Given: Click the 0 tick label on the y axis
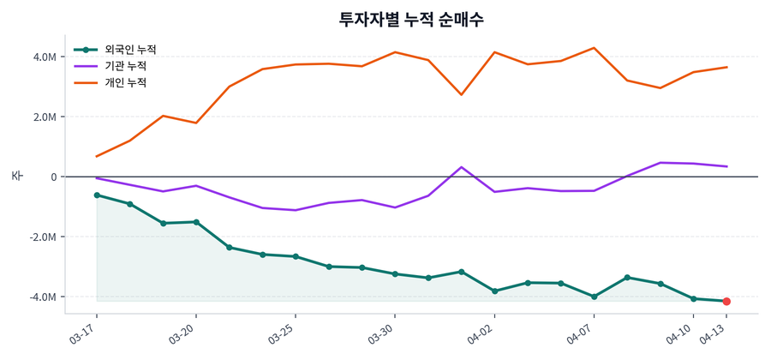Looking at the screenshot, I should pos(52,177).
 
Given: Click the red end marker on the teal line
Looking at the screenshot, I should pos(726,302).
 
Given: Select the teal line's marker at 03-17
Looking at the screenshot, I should pos(97,195).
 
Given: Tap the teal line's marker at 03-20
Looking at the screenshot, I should pos(196,222).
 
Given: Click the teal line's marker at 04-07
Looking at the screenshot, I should pos(594,297).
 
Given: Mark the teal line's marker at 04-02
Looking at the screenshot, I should pos(494,291).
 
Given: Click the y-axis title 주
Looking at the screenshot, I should pos(16,177).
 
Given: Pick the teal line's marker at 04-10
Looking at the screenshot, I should pos(693,298).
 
